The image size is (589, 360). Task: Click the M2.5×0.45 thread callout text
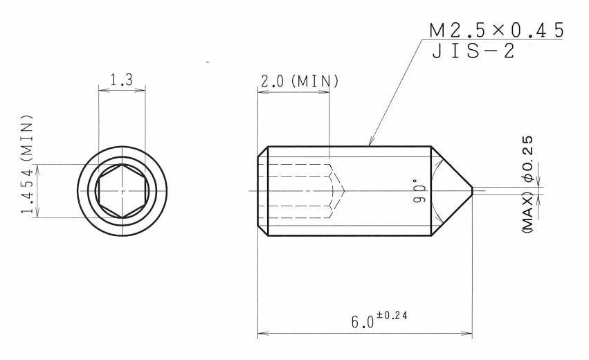pyautogui.click(x=496, y=30)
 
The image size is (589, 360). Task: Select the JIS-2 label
pyautogui.click(x=473, y=51)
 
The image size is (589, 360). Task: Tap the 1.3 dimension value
pyautogui.click(x=121, y=80)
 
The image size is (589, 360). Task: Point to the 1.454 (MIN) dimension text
pyautogui.click(x=27, y=164)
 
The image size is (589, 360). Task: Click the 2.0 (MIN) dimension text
pyautogui.click(x=300, y=81)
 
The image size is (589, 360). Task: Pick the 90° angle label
pyautogui.click(x=419, y=191)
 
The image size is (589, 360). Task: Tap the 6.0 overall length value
pyautogui.click(x=363, y=322)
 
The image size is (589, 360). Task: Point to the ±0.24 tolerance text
pyautogui.click(x=392, y=316)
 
